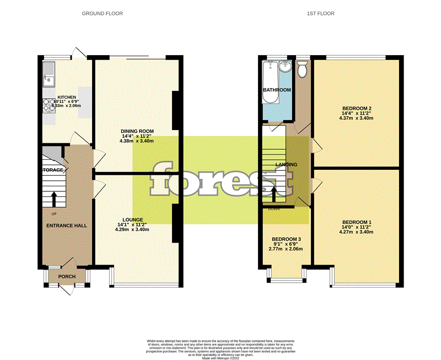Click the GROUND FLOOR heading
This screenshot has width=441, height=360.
click(103, 13)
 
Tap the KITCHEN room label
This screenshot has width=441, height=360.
click(67, 97)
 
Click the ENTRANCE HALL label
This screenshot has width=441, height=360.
click(67, 225)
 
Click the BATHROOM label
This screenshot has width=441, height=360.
click(277, 90)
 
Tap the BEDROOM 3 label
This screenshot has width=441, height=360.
click(286, 239)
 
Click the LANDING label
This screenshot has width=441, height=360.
click(287, 164)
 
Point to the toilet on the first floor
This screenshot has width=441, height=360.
click(302, 69)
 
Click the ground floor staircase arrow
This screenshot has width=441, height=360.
click(54, 198)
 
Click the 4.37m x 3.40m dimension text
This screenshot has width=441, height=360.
click(357, 118)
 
